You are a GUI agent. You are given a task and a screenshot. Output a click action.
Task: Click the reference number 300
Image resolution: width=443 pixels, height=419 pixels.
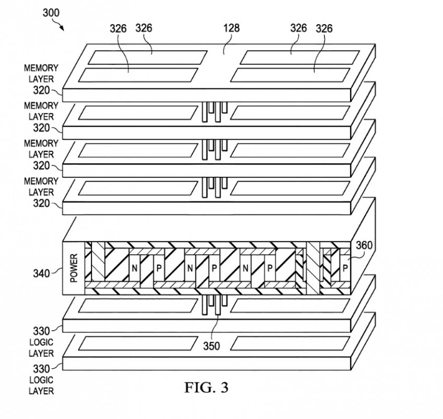point(51,13)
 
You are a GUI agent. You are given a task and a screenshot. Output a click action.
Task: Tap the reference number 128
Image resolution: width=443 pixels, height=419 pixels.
point(231,28)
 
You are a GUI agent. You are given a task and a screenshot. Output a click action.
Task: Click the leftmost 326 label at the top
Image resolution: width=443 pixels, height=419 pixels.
point(118,28)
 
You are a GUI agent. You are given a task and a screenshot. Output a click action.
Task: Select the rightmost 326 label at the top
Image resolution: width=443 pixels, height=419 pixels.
point(324,28)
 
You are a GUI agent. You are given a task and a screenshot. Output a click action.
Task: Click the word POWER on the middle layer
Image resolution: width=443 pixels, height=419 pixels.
point(74,268)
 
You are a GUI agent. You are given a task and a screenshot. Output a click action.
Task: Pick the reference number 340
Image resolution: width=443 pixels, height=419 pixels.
point(41,274)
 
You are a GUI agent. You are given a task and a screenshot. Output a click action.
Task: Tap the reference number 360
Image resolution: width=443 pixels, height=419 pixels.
point(364,245)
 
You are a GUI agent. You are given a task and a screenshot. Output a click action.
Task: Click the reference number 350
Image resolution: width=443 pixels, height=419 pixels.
point(212,346)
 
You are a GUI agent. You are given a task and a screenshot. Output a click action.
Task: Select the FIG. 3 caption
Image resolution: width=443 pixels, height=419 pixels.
point(206,387)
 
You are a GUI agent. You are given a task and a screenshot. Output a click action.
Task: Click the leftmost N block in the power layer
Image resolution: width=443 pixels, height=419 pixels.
point(134,268)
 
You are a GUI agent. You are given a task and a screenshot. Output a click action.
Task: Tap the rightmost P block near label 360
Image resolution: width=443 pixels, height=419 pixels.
point(345,268)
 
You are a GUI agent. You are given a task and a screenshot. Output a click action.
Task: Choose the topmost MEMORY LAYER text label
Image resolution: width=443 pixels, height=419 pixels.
point(41,74)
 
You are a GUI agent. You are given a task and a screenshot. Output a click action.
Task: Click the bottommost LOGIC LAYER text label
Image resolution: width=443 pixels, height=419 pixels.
point(41,386)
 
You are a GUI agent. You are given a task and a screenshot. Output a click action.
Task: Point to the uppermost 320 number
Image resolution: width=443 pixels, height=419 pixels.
point(41,90)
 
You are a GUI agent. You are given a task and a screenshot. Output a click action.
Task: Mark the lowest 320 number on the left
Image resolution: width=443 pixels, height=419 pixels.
point(41,203)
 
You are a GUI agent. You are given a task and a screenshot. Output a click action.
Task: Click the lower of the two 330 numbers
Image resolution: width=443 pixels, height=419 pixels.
point(41,369)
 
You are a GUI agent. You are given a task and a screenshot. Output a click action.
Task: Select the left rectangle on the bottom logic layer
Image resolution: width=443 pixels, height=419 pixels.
point(138,343)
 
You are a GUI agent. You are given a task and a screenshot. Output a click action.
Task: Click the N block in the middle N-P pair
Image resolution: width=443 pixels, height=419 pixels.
point(190,268)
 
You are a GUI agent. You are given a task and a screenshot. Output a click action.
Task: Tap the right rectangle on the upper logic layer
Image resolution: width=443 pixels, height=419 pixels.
point(290,305)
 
